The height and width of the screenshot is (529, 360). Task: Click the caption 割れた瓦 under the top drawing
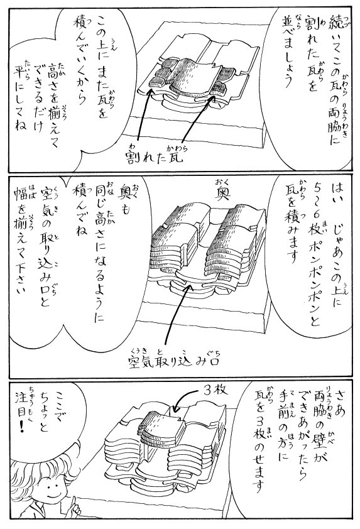click(x=155, y=156)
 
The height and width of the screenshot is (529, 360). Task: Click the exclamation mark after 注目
click(x=23, y=427)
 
